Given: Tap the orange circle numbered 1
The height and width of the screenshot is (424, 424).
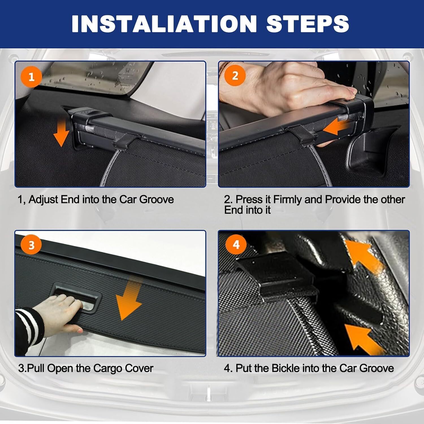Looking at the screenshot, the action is (x=31, y=77).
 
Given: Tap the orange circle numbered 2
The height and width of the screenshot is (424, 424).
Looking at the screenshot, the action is (x=235, y=75).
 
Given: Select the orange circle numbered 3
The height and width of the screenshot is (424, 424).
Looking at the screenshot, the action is (x=31, y=245).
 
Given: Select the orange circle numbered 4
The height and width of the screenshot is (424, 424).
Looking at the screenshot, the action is (x=236, y=244).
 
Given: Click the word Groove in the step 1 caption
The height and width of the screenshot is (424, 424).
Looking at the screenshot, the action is (x=157, y=200).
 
